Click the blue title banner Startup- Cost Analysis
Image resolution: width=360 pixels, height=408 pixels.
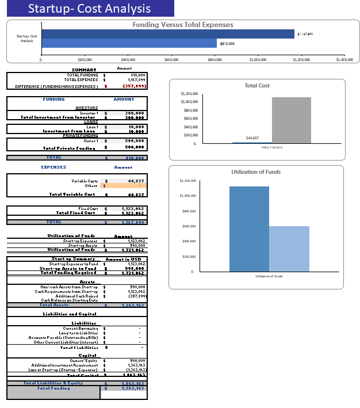click(x=89, y=9)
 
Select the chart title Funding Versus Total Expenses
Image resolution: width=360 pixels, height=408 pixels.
click(x=183, y=25)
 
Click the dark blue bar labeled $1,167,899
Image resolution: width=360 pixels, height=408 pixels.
click(x=167, y=34)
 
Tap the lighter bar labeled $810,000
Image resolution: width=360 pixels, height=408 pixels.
click(x=129, y=43)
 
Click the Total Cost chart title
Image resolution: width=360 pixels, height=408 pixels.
click(x=257, y=85)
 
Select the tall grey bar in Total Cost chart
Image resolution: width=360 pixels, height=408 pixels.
click(x=292, y=120)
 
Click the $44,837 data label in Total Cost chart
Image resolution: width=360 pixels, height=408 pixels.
click(x=252, y=138)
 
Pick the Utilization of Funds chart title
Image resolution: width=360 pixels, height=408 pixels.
click(x=256, y=172)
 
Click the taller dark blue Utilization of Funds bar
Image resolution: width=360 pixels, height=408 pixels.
click(x=249, y=228)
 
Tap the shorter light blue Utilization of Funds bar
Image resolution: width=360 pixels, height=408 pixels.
click(x=289, y=249)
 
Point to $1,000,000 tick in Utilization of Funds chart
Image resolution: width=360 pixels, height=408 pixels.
click(x=188, y=196)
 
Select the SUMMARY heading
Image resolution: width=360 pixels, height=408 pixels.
click(x=83, y=70)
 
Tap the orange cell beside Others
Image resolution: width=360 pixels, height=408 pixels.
click(x=124, y=185)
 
